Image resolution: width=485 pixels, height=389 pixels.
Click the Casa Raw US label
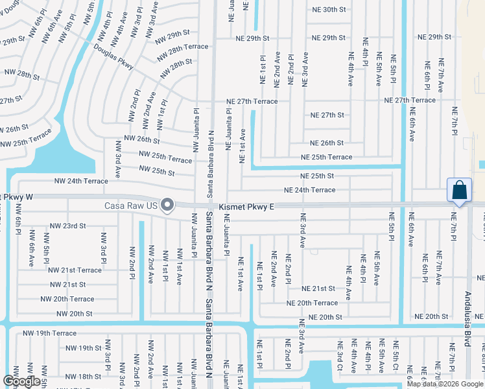132,206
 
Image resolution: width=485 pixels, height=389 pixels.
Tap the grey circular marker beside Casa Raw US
167,206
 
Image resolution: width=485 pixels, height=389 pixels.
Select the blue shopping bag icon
459,191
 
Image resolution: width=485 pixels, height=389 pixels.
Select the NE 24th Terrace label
310,190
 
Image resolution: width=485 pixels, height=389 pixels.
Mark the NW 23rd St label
68,226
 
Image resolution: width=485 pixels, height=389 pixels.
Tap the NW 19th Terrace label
49,333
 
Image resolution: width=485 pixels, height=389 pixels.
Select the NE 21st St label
318,289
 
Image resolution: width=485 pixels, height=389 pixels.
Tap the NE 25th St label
317,176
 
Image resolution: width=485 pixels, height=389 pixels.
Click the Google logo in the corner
21,381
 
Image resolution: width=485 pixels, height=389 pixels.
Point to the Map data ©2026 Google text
445,384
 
